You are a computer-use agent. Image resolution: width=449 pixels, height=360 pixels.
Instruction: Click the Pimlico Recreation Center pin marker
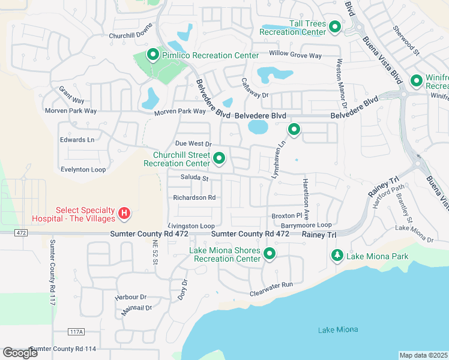pyautogui.click(x=152, y=55)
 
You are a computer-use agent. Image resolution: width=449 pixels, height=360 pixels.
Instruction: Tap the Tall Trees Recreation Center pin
pyautogui.click(x=335, y=27)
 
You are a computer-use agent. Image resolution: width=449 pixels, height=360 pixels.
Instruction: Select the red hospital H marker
pyautogui.click(x=124, y=213)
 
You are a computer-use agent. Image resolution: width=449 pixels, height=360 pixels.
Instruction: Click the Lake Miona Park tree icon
pyautogui.click(x=337, y=256)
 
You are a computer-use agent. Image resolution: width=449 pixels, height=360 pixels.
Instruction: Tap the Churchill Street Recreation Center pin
pyautogui.click(x=220, y=158)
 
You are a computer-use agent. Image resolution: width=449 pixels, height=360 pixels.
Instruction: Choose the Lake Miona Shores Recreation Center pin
pyautogui.click(x=270, y=254)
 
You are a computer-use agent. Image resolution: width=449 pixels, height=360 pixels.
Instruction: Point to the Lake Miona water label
pyautogui.click(x=337, y=330)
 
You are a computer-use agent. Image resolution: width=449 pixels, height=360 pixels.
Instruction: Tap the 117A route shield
pyautogui.click(x=76, y=332)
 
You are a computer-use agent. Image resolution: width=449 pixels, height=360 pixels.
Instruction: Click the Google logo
pyautogui.click(x=20, y=352)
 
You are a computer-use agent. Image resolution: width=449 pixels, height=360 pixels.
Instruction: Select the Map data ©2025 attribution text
pyautogui.click(x=423, y=355)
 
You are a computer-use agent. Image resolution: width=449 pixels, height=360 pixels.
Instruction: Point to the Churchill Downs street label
pyautogui.click(x=131, y=35)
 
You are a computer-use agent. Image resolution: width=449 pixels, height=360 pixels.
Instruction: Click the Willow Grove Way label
pyautogui.click(x=295, y=55)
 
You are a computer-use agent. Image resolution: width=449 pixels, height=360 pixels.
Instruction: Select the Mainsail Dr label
pyautogui.click(x=137, y=307)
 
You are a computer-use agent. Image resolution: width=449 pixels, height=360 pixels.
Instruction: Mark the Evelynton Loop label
pyautogui.click(x=83, y=170)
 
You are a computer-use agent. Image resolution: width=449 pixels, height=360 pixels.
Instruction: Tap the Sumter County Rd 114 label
pyautogui.click(x=63, y=349)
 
